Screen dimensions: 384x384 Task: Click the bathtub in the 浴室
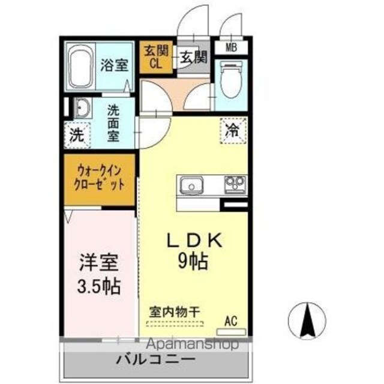click(x=81, y=67)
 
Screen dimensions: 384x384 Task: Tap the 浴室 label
click(x=115, y=65)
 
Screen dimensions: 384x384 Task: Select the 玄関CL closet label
click(x=156, y=56)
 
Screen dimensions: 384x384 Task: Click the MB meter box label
click(x=232, y=47)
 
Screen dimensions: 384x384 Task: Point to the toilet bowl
click(x=231, y=80)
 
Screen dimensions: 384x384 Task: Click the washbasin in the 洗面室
click(x=83, y=108)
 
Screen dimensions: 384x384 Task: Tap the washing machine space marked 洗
click(x=77, y=135)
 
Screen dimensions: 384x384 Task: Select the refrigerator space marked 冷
click(x=233, y=131)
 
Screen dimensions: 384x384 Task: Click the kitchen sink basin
click(x=192, y=185)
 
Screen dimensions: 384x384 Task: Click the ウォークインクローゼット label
click(x=100, y=178)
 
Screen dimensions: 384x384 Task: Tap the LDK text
click(x=194, y=240)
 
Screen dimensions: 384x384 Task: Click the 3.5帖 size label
click(x=99, y=286)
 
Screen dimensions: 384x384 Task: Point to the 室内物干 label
click(x=175, y=312)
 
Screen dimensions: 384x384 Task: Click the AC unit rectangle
click(x=232, y=332)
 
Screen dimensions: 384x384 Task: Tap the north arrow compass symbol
click(x=307, y=321)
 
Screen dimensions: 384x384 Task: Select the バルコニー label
click(x=156, y=359)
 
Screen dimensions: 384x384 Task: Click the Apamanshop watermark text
click(x=193, y=344)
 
